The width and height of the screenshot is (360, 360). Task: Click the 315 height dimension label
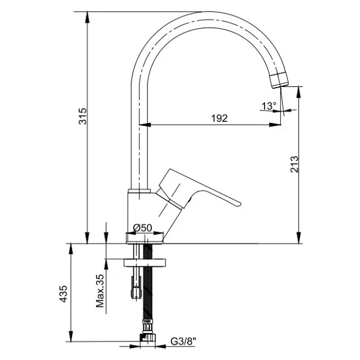[83, 116]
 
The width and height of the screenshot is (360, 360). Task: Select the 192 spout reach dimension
[219, 118]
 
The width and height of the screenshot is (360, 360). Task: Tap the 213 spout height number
[294, 164]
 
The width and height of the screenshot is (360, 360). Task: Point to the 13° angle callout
[269, 106]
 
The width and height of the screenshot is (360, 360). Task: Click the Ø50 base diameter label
[143, 228]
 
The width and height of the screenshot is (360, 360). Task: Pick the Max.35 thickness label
[100, 291]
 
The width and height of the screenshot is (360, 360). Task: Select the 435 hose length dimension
[63, 294]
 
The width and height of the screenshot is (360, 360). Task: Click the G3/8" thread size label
[184, 341]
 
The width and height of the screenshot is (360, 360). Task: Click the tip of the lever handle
[239, 204]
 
